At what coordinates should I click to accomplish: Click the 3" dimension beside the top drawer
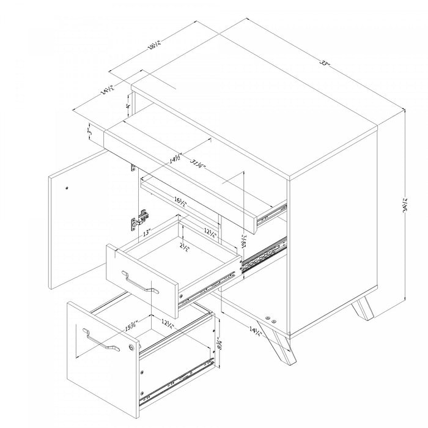click(x=90, y=131)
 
